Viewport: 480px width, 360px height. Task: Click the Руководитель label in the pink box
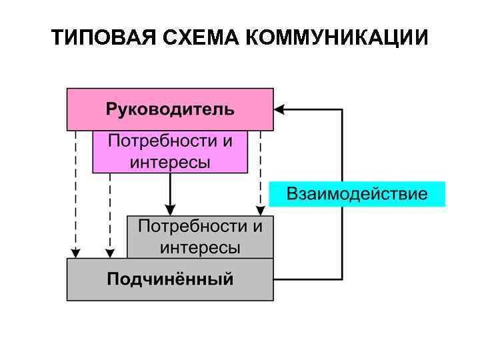170,109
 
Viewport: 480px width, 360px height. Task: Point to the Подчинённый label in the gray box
170,279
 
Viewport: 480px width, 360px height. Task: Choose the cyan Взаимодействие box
357,194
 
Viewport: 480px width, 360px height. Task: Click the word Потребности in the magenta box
161,141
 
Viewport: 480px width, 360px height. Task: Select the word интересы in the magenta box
170,161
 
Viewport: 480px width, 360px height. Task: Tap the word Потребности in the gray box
192,226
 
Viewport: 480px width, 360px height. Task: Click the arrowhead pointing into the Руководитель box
280,109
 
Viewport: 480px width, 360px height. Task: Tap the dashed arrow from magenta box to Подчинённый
110,213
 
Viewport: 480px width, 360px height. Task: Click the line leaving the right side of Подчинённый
307,279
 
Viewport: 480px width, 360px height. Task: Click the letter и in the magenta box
227,141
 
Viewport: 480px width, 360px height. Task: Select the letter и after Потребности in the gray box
257,226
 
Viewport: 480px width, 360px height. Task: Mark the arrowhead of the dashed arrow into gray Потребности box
260,211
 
